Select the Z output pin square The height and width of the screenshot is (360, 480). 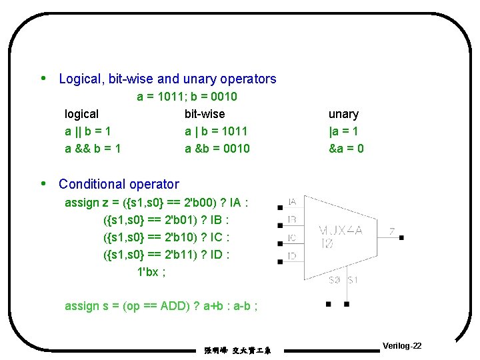[401, 237]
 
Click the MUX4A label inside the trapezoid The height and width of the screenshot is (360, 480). [341, 230]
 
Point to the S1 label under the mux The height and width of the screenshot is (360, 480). [353, 280]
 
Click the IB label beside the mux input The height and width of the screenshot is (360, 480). [292, 219]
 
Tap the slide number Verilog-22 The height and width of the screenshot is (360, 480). [402, 346]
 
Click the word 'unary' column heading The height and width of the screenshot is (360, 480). [343, 114]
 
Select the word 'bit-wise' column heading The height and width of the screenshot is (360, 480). [205, 114]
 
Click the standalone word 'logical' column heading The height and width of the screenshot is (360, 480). [81, 114]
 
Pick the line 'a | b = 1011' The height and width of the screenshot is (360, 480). [216, 131]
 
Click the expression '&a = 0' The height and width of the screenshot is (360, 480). [346, 149]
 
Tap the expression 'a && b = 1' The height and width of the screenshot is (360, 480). [93, 149]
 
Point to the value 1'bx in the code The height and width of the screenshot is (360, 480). [147, 271]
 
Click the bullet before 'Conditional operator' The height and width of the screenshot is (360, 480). [44, 183]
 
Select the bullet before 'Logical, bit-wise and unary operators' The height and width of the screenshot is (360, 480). [44, 78]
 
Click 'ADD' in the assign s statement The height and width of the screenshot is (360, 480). [175, 306]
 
